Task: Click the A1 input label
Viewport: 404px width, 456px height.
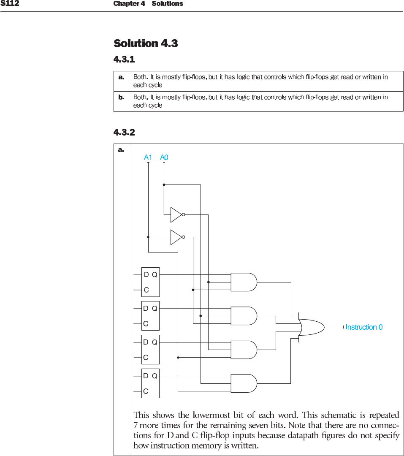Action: pos(148,157)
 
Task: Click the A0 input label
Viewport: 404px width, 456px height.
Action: pos(164,157)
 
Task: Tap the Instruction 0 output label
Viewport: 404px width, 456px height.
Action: pos(364,327)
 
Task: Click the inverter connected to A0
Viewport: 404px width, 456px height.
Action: pos(176,214)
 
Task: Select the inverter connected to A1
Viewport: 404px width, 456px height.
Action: pos(176,237)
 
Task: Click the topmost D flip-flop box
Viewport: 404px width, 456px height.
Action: pos(150,282)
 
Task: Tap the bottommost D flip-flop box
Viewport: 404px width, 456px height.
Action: pos(150,383)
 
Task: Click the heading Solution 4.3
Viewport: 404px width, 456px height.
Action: pos(146,43)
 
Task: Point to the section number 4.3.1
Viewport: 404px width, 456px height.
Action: pos(124,60)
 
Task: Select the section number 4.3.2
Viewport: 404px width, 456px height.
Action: pos(124,133)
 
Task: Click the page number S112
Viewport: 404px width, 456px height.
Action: pos(10,4)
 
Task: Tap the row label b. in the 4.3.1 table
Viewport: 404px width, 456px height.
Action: pos(121,97)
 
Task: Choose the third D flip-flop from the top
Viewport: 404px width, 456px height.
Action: pos(150,350)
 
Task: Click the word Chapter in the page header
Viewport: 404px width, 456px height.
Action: pos(126,4)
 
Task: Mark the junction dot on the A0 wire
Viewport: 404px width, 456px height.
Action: pos(164,185)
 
